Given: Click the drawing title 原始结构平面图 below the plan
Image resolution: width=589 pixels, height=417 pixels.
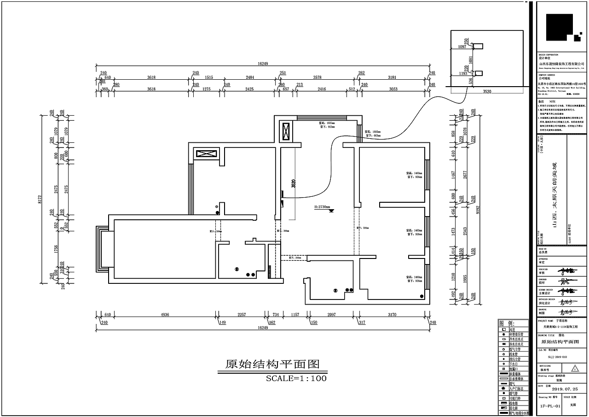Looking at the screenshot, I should pos(272,364).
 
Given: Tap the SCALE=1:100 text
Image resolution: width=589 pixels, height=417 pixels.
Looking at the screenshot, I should pos(296,379).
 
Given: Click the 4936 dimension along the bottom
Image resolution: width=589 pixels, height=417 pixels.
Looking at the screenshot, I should pos(165,315).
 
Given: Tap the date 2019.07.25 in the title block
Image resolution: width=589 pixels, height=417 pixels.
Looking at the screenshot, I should pos(560,390).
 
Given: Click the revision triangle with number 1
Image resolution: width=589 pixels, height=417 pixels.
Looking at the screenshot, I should pos(574,369).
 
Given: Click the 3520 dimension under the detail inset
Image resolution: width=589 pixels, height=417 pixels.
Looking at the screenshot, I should pos(487,92).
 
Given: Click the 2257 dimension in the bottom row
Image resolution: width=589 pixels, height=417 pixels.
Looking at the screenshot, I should pos(242,315).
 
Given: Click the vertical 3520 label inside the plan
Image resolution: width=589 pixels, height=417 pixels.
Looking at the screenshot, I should pos(294,183).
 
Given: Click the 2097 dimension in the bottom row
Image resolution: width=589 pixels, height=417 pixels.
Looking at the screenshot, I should pos(331,315).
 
